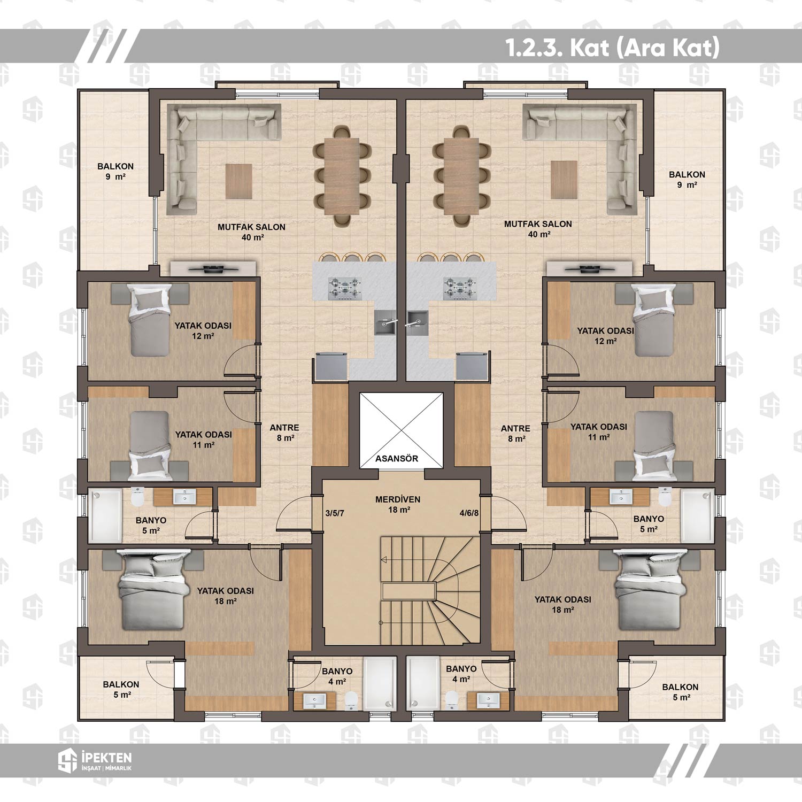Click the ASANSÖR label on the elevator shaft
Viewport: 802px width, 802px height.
click(x=396, y=458)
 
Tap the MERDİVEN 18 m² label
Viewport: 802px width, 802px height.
click(x=398, y=505)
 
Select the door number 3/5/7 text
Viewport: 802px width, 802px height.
click(x=335, y=513)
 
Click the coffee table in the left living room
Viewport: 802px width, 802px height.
click(x=238, y=181)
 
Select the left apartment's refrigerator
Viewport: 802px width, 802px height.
click(x=330, y=366)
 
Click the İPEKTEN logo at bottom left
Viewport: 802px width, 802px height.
click(x=95, y=760)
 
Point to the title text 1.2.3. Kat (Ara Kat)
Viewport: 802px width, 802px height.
click(x=613, y=48)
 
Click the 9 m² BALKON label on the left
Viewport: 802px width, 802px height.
click(x=115, y=171)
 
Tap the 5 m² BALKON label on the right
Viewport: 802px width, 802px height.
click(x=680, y=692)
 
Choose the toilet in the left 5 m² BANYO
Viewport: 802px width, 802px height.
click(x=137, y=497)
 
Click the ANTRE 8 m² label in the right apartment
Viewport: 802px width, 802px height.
click(x=515, y=433)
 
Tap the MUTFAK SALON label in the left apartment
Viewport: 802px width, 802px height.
click(x=251, y=227)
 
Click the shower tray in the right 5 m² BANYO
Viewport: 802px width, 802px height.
click(x=697, y=515)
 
